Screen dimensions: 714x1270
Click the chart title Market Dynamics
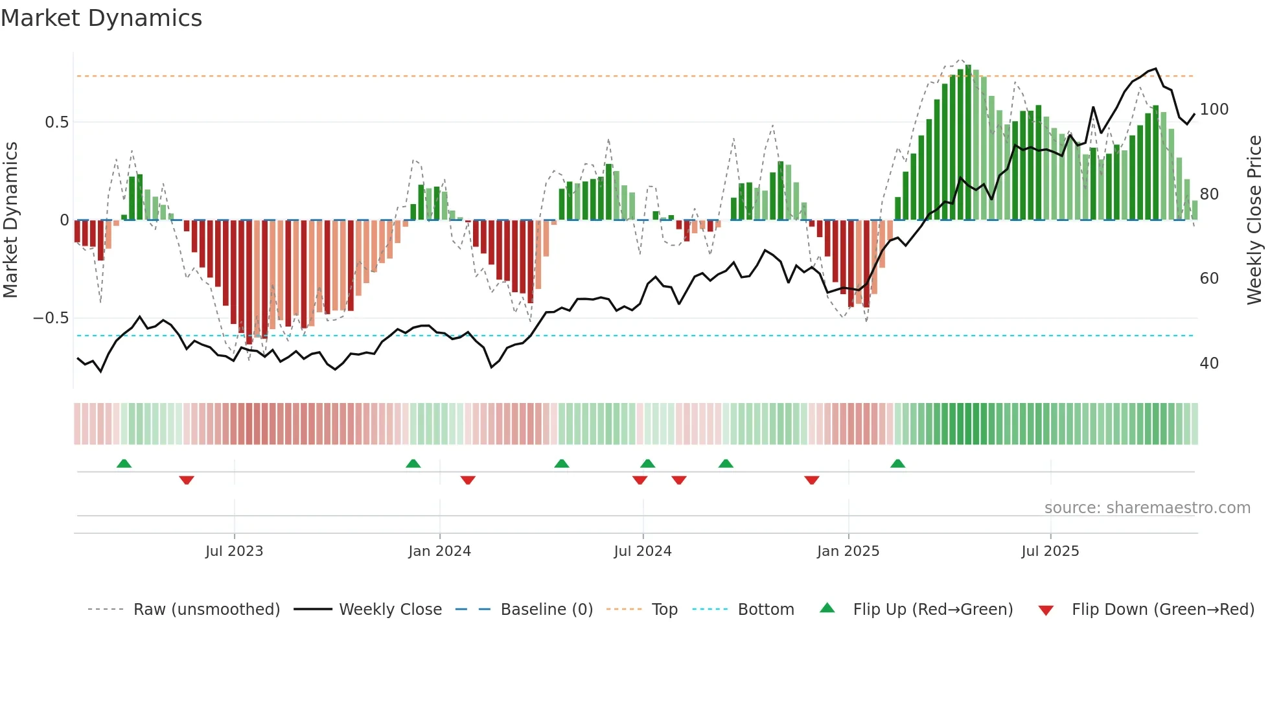pyautogui.click(x=101, y=18)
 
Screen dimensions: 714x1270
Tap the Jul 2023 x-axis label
pyautogui.click(x=234, y=551)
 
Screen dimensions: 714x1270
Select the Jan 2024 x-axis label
pyautogui.click(x=439, y=551)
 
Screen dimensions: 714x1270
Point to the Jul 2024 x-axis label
pyautogui.click(x=642, y=551)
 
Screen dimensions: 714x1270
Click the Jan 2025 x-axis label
pyautogui.click(x=848, y=551)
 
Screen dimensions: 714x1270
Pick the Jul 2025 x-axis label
pyautogui.click(x=1050, y=551)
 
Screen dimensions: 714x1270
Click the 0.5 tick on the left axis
pyautogui.click(x=56, y=122)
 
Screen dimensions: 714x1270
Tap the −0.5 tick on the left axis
pyautogui.click(x=51, y=318)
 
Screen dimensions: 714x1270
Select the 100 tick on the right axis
pyautogui.click(x=1214, y=109)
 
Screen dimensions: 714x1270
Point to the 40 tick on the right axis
pyautogui.click(x=1208, y=363)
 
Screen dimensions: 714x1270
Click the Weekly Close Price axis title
pyautogui.click(x=1254, y=220)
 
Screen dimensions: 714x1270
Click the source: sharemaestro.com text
pyautogui.click(x=1147, y=508)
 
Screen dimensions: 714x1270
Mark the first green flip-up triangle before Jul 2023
pyautogui.click(x=124, y=463)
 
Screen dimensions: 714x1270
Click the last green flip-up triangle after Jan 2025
pyautogui.click(x=897, y=463)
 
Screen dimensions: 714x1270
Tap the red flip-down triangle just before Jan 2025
pyautogui.click(x=811, y=480)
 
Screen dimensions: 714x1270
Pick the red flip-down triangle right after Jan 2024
pyautogui.click(x=468, y=480)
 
